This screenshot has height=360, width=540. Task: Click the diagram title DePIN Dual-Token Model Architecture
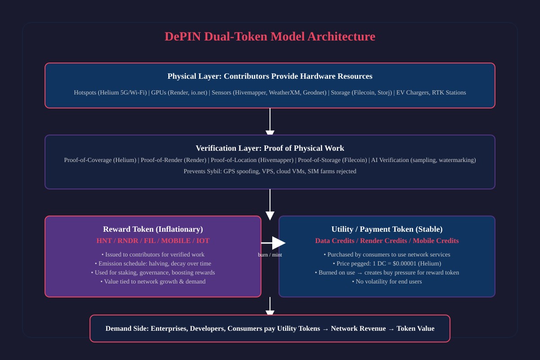click(x=270, y=36)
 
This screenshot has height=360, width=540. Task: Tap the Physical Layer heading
click(x=270, y=76)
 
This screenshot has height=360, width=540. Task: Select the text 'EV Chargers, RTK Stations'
click(x=431, y=93)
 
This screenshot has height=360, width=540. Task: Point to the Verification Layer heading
click(x=270, y=148)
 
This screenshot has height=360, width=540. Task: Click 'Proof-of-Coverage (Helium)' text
click(x=100, y=160)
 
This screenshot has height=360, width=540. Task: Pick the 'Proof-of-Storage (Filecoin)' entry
click(x=333, y=160)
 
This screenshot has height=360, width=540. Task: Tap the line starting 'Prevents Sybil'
click(x=270, y=171)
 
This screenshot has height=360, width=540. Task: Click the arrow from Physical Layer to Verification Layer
click(x=270, y=121)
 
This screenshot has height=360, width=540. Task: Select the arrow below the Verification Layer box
click(x=270, y=205)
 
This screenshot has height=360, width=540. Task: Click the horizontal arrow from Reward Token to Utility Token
click(x=273, y=243)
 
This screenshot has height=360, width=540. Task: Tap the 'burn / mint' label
click(x=270, y=255)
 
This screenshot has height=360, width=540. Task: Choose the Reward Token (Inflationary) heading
click(x=153, y=229)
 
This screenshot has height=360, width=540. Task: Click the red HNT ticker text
click(x=104, y=241)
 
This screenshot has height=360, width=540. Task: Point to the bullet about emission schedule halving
click(x=153, y=264)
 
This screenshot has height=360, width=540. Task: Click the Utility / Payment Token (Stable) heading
click(x=387, y=229)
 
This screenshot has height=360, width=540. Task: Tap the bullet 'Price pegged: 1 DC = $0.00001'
click(x=387, y=264)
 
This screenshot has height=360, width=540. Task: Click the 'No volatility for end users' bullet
click(x=387, y=282)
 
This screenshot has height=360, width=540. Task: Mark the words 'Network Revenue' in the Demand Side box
click(x=358, y=328)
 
